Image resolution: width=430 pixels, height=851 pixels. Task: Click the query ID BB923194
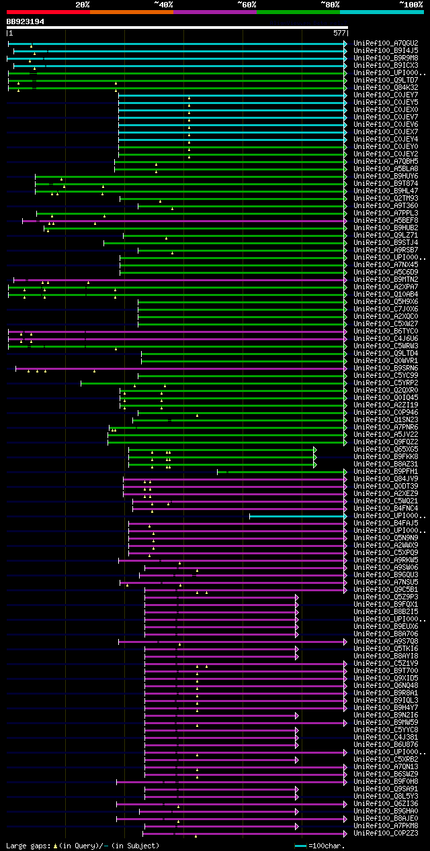click(x=26, y=21)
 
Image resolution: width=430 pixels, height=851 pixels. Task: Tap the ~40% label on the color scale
click(x=163, y=5)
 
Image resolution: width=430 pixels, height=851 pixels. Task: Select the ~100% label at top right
click(x=411, y=5)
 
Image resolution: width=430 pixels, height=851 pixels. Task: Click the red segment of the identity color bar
click(x=48, y=12)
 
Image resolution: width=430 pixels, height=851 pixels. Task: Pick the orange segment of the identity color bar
click(x=131, y=12)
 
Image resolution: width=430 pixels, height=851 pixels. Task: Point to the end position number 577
click(x=339, y=32)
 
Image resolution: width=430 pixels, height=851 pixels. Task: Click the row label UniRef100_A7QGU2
click(x=386, y=44)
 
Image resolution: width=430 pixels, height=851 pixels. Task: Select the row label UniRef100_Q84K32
click(x=386, y=88)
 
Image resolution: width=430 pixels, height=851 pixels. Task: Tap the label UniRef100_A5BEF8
click(x=386, y=221)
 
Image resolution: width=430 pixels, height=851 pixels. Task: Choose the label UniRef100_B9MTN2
click(x=386, y=280)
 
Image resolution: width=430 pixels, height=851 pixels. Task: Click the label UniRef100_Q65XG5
click(x=386, y=450)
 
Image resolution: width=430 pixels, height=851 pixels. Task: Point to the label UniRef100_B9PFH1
click(x=386, y=472)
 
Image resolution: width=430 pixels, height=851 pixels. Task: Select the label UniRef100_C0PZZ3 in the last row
click(x=386, y=834)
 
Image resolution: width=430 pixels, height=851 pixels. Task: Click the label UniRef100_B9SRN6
click(x=386, y=368)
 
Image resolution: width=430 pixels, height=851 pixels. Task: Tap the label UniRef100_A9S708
click(x=386, y=642)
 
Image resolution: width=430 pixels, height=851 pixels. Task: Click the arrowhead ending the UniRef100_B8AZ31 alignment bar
click(x=314, y=464)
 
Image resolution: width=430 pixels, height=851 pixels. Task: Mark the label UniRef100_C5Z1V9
click(x=386, y=664)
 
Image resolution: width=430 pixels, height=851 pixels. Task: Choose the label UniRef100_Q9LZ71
click(x=386, y=236)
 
